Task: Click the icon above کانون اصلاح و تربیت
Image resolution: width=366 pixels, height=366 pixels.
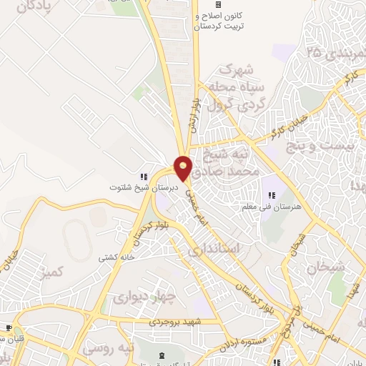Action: click(x=219, y=5)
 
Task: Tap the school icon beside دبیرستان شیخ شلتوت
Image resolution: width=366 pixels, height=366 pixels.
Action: click(x=143, y=176)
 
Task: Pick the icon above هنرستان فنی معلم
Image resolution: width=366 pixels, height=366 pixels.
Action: click(x=271, y=195)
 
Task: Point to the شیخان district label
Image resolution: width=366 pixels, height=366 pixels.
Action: click(x=326, y=267)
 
